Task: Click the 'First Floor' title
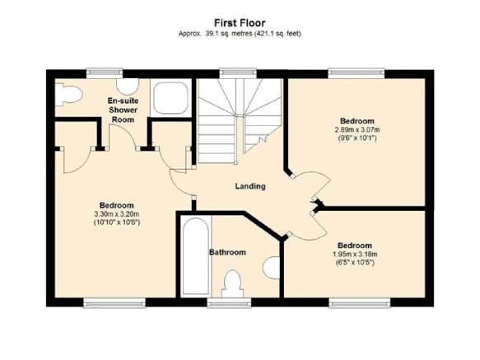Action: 240,23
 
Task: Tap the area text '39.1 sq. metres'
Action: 228,34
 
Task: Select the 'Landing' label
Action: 250,186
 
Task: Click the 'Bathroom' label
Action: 227,252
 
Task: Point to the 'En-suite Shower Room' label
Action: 123,110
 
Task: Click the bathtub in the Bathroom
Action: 195,256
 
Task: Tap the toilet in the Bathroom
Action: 233,283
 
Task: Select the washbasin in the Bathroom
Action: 272,268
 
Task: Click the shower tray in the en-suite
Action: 170,98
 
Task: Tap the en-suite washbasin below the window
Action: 128,86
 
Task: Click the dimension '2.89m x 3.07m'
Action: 357,129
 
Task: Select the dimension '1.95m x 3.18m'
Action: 355,255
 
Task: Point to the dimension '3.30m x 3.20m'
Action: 117,214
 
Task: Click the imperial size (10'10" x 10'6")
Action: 117,222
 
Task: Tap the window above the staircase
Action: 238,72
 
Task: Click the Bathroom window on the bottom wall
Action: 229,303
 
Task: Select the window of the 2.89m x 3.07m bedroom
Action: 357,72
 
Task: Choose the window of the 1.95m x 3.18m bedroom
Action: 360,303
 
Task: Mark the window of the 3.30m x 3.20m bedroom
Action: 114,303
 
